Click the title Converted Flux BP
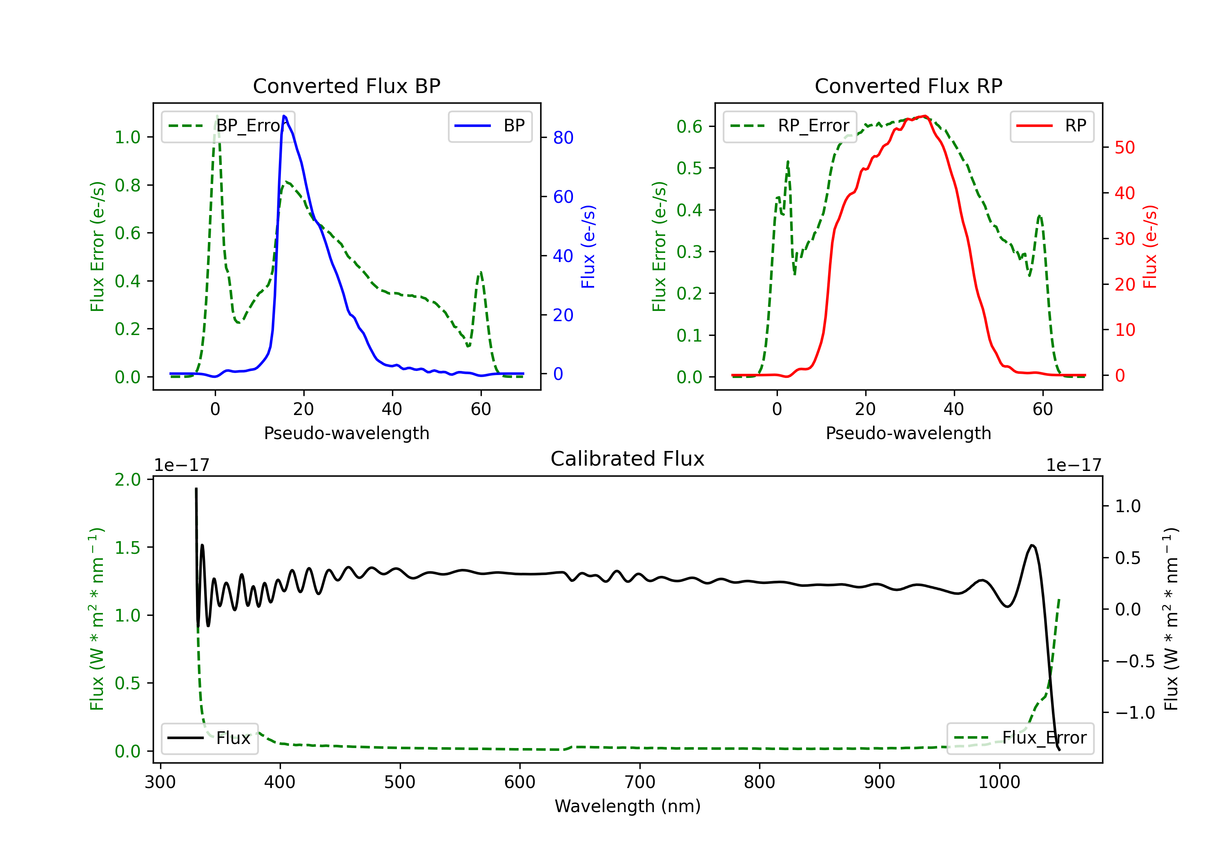tap(346, 86)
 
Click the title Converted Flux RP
tap(908, 86)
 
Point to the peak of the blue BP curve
tap(284, 116)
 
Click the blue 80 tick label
tap(563, 138)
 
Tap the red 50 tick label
tap(1125, 148)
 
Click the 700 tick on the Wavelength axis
tap(640, 782)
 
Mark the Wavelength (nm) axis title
tap(628, 806)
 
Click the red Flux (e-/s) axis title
tap(1150, 246)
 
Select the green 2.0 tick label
tap(127, 480)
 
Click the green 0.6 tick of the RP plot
tap(689, 127)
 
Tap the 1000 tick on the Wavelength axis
tap(999, 782)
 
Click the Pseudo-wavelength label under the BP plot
tap(346, 433)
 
